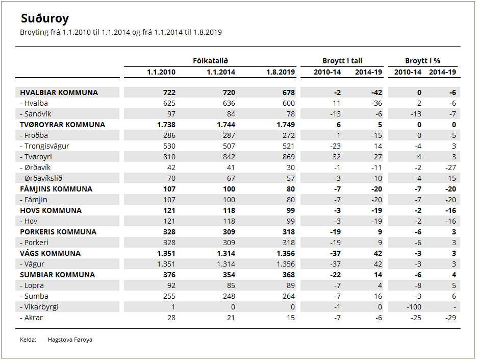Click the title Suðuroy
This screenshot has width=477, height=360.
pyautogui.click(x=45, y=18)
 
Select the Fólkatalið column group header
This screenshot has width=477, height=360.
pyautogui.click(x=210, y=61)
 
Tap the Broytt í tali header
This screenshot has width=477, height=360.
pyautogui.click(x=342, y=61)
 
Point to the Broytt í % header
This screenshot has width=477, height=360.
pyautogui.click(x=422, y=61)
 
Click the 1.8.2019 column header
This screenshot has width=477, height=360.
pyautogui.click(x=281, y=72)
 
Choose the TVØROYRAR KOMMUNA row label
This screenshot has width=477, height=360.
pyautogui.click(x=62, y=125)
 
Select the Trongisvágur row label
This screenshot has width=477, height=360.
pyautogui.click(x=45, y=147)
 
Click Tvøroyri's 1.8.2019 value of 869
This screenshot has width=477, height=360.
pyautogui.click(x=288, y=157)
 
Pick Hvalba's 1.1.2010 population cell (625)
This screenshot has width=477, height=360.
pyautogui.click(x=169, y=103)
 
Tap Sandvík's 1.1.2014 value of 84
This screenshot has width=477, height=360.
pyautogui.click(x=231, y=114)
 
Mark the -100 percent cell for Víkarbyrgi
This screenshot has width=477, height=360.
pyautogui.click(x=414, y=307)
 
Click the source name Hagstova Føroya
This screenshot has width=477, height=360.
pyautogui.click(x=70, y=340)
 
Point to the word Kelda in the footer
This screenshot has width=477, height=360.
pyautogui.click(x=28, y=340)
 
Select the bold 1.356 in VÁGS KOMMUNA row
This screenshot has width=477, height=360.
pyautogui.click(x=286, y=253)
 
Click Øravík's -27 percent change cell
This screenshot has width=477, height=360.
pyautogui.click(x=450, y=167)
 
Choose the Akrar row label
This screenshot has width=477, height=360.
pyautogui.click(x=31, y=318)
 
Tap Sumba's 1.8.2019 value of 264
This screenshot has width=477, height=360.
pyautogui.click(x=288, y=296)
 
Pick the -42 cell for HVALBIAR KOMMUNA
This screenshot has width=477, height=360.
pyautogui.click(x=376, y=92)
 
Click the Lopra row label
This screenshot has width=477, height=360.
pyautogui.click(x=32, y=286)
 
